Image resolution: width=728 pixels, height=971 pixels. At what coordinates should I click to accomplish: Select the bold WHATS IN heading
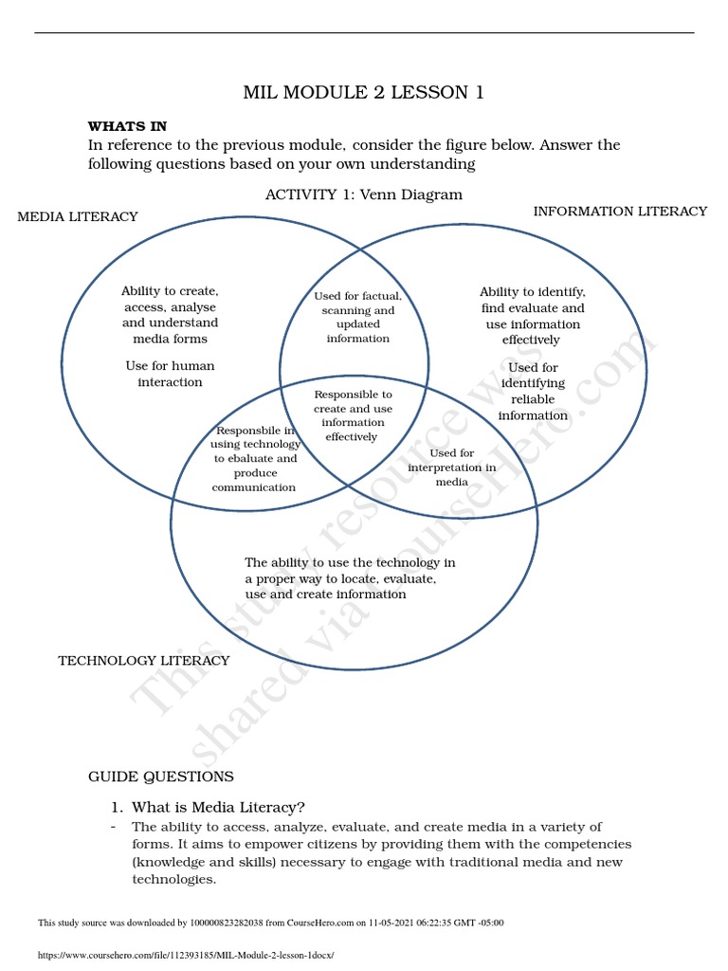click(x=127, y=126)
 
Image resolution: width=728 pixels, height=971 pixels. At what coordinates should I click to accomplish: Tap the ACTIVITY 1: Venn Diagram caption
click(x=364, y=194)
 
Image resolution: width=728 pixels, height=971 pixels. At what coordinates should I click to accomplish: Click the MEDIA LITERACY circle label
click(x=78, y=216)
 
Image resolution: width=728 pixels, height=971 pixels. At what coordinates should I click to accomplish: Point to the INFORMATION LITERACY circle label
click(x=620, y=211)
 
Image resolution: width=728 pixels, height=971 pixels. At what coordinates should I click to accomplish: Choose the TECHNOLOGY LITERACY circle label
click(x=144, y=660)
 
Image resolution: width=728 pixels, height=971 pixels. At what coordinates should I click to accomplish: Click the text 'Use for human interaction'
click(x=170, y=374)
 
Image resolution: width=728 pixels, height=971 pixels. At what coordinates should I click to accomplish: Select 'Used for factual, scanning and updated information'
click(x=357, y=317)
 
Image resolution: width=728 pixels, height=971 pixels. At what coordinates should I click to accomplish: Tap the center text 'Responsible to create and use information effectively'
click(x=352, y=415)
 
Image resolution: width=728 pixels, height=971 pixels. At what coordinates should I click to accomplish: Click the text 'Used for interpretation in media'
click(x=451, y=467)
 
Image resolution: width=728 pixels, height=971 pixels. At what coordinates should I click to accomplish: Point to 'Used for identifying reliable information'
click(x=533, y=391)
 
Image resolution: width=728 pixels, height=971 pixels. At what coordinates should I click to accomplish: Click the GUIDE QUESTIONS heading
click(x=161, y=777)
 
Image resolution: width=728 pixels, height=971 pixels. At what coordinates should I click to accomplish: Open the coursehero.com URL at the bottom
click(x=186, y=955)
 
